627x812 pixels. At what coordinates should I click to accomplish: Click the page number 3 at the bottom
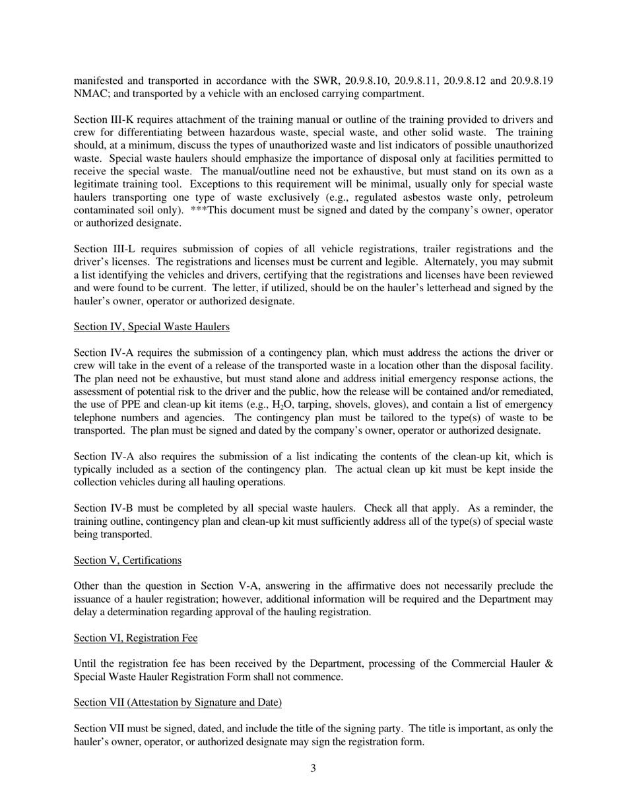click(x=313, y=768)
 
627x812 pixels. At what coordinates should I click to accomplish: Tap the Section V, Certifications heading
click(x=127, y=560)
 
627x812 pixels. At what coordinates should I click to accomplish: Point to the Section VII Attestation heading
click(x=178, y=702)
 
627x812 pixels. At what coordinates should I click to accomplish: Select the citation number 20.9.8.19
click(x=527, y=81)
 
